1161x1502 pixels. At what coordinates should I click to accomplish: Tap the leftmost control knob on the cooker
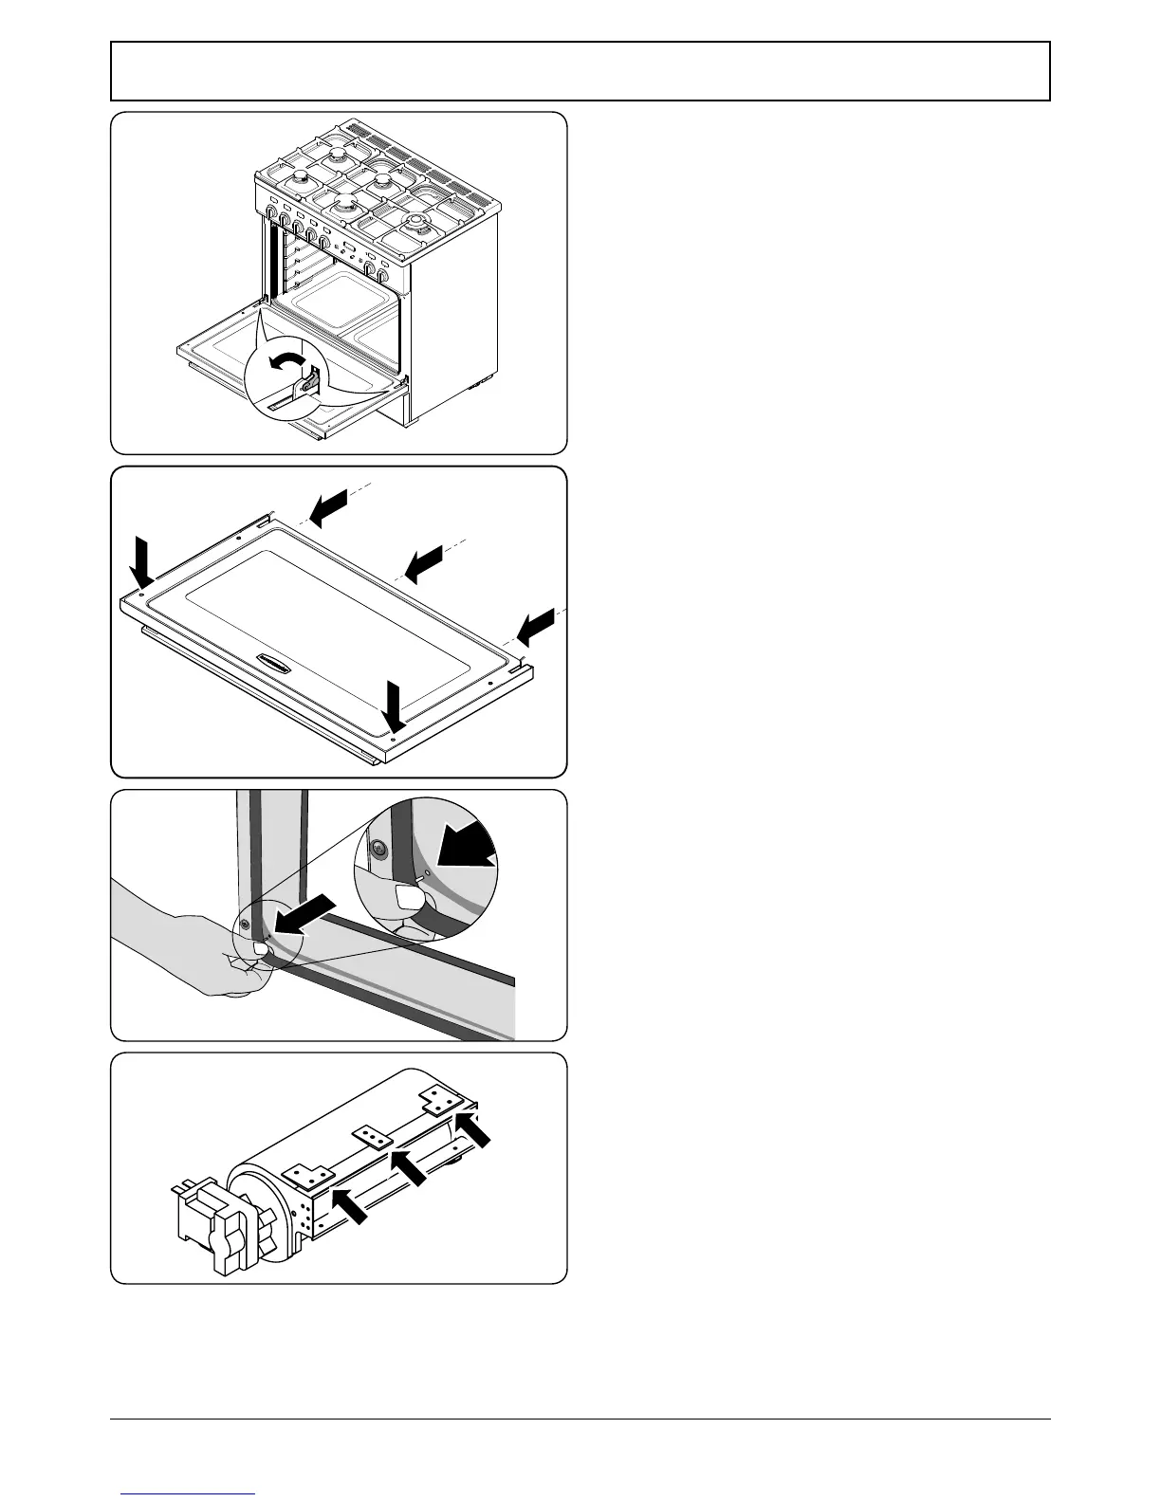point(271,215)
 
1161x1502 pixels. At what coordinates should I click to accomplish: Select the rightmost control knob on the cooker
point(382,276)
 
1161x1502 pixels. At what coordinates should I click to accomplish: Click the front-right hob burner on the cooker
point(416,226)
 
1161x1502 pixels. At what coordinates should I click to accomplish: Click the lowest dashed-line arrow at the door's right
point(535,625)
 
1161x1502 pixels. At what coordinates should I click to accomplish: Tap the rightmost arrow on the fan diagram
point(473,1130)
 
